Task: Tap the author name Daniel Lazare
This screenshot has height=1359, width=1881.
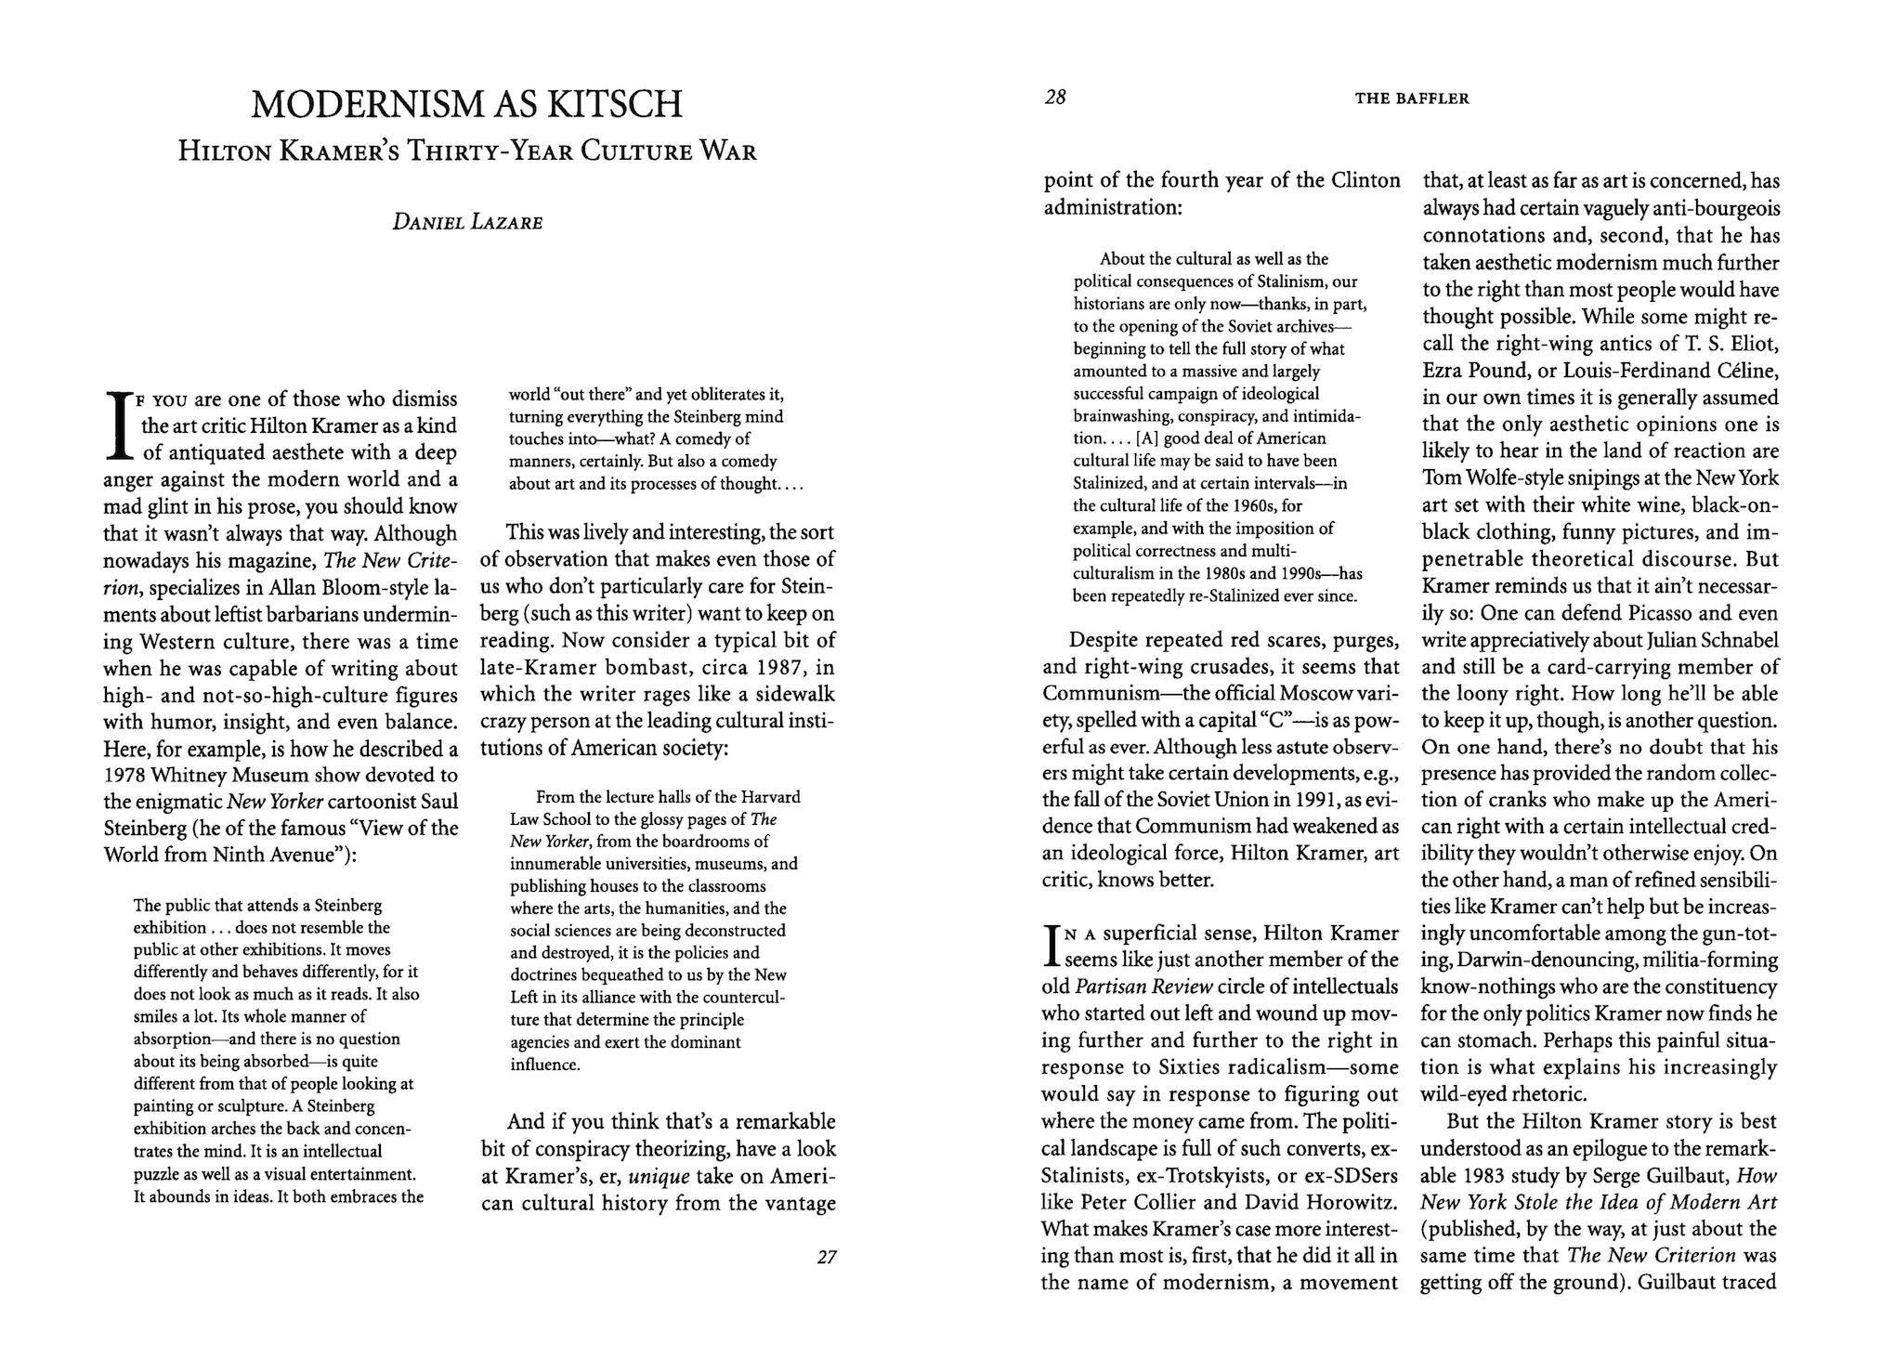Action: (467, 223)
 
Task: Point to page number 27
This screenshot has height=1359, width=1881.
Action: (826, 1258)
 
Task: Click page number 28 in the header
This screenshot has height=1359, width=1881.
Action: (1054, 98)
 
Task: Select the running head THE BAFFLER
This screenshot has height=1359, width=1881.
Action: (1412, 98)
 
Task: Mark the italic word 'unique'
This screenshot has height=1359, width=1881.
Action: (659, 1177)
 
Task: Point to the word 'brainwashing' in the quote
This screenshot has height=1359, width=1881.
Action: (1118, 415)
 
